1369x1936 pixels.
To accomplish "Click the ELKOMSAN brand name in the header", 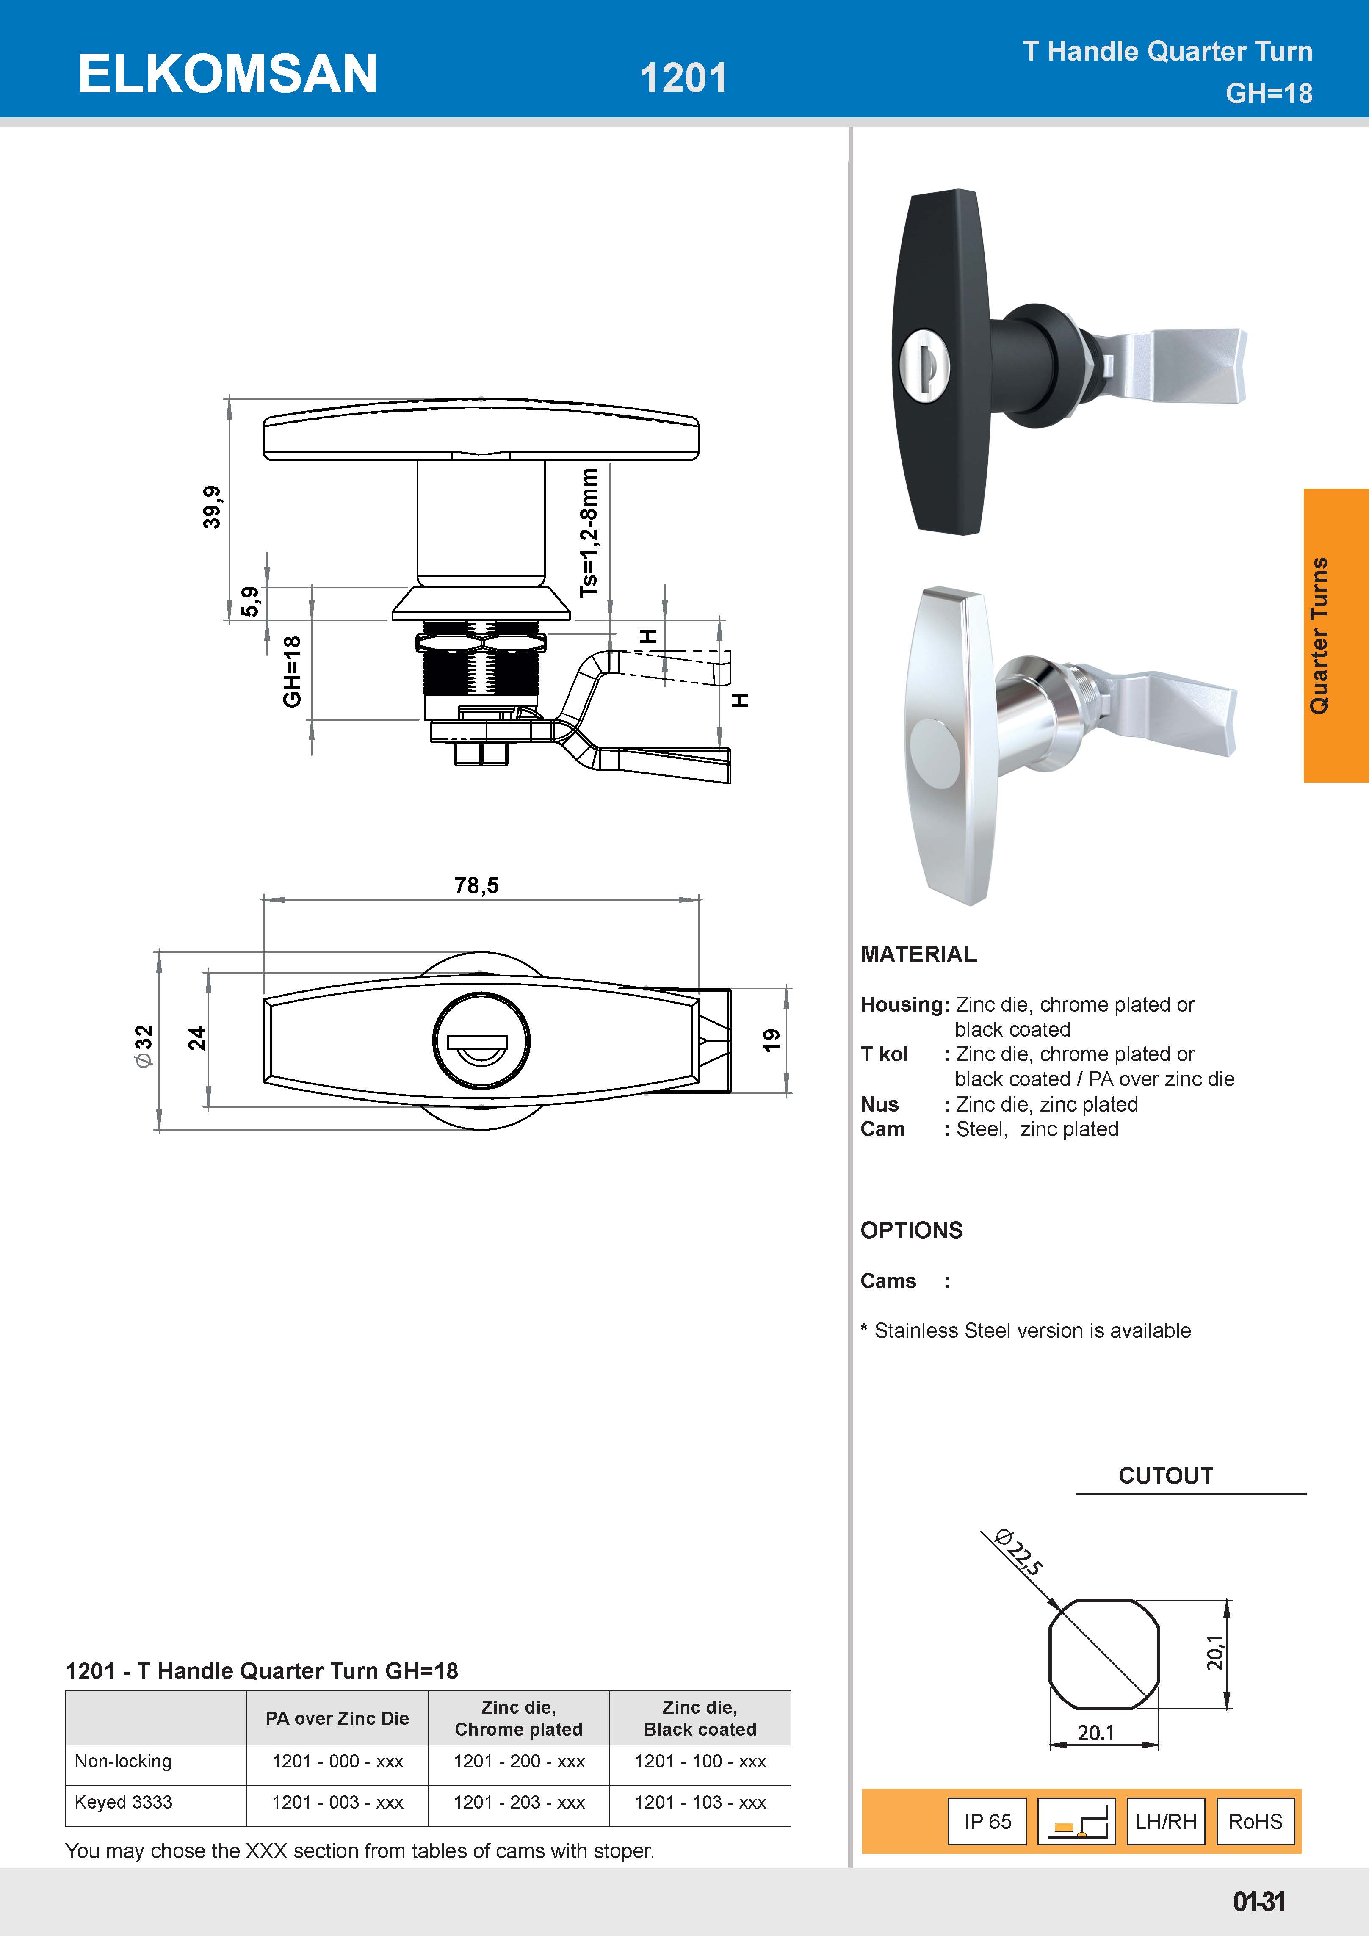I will coord(228,74).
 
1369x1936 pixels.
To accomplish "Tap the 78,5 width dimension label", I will coord(476,885).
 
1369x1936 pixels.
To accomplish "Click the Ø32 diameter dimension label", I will coord(144,1045).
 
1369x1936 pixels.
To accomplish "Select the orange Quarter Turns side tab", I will coord(1335,635).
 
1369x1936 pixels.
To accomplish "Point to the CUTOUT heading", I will coord(1165,1476).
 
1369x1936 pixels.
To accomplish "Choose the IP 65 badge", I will coord(987,1821).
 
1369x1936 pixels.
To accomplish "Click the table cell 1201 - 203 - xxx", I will coord(518,1802).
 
